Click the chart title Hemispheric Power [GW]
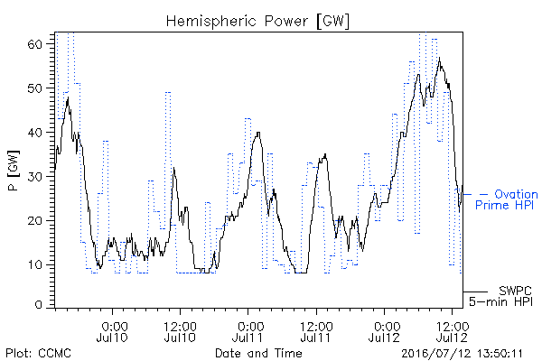pyautogui.click(x=257, y=22)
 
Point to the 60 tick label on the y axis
pyautogui.click(x=34, y=44)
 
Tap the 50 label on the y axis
pyautogui.click(x=34, y=88)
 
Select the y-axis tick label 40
pyautogui.click(x=34, y=133)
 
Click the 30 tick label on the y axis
pyautogui.click(x=34, y=177)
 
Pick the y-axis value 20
pyautogui.click(x=34, y=221)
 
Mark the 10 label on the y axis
pyautogui.click(x=34, y=265)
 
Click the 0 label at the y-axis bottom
pyautogui.click(x=38, y=305)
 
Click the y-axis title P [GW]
pyautogui.click(x=14, y=171)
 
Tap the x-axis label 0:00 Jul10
pyautogui.click(x=112, y=331)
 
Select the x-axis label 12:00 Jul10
pyautogui.click(x=180, y=331)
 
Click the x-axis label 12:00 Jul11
pyautogui.click(x=316, y=331)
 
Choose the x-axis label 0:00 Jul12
pyautogui.click(x=384, y=331)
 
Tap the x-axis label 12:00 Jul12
pyautogui.click(x=452, y=331)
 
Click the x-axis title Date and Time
pyautogui.click(x=258, y=353)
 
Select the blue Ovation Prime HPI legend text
pyautogui.click(x=507, y=199)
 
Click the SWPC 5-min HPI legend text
pyautogui.click(x=500, y=296)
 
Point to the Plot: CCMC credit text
pyautogui.click(x=38, y=353)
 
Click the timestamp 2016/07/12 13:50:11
pyautogui.click(x=462, y=354)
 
